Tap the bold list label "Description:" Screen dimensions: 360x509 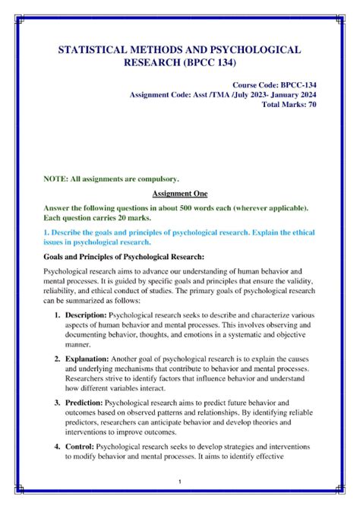click(86, 314)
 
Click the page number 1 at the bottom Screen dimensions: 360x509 click(179, 482)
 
